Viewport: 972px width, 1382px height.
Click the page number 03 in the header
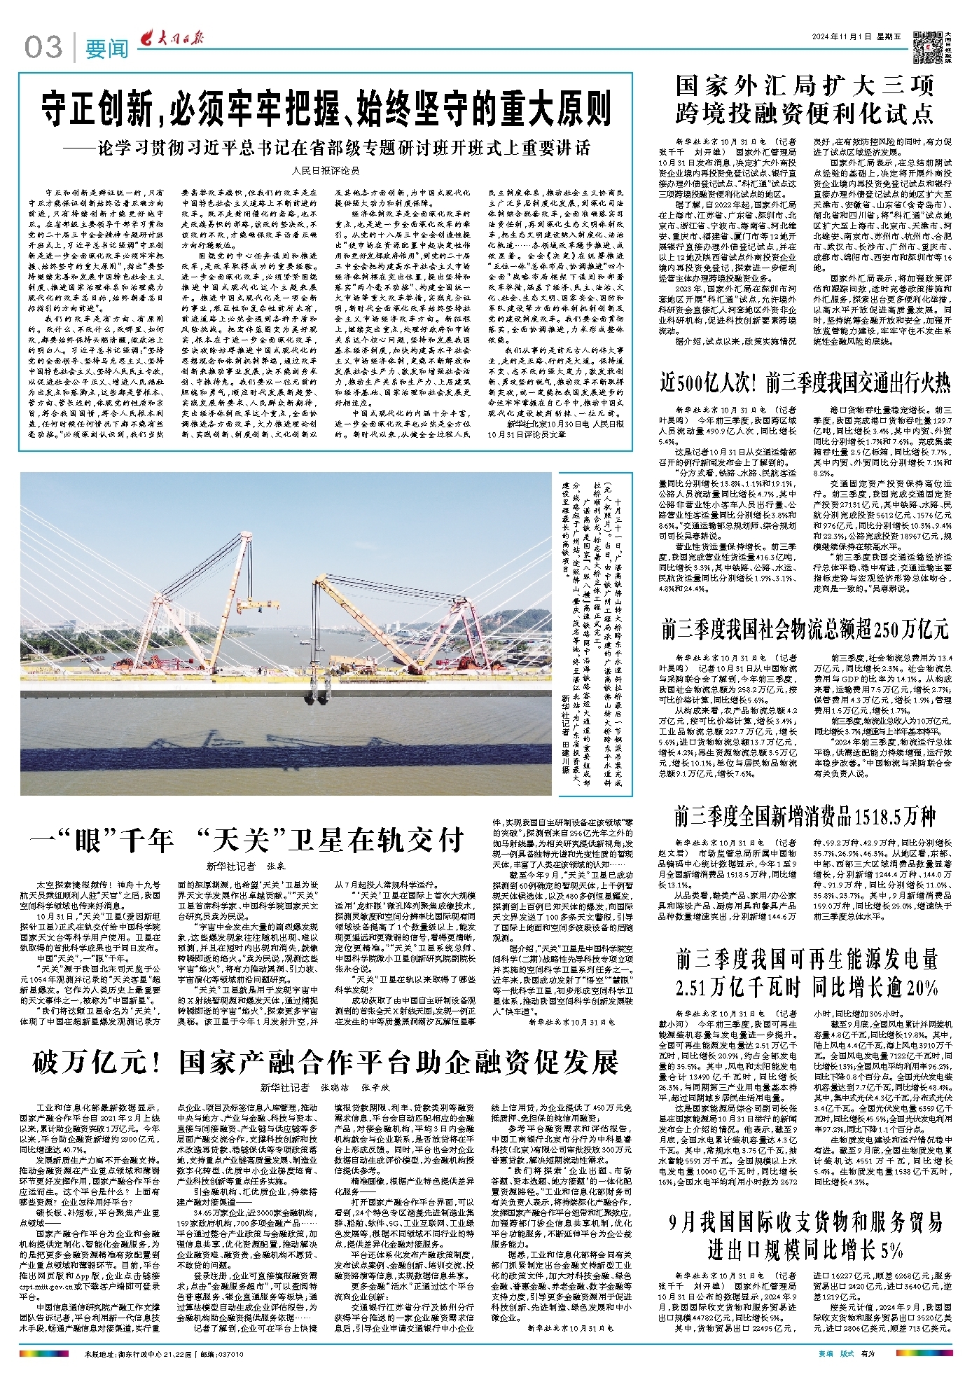43,48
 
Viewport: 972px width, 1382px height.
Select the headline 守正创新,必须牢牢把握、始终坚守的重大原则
326,109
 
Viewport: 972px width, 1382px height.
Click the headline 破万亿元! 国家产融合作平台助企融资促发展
326,1061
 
